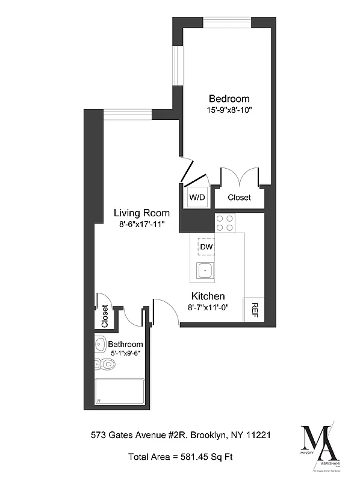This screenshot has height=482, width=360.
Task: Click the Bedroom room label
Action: coord(229,99)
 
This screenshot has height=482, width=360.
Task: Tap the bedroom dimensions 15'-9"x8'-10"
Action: coord(229,110)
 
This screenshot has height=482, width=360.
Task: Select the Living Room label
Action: coord(142,213)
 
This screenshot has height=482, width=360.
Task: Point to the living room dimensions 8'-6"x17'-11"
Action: coord(142,224)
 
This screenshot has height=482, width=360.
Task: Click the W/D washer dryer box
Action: coord(197,197)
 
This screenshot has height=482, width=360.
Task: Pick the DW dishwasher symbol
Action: coord(206,246)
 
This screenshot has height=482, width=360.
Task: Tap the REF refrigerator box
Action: coord(254,309)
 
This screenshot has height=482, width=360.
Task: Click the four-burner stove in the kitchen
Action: coord(225,223)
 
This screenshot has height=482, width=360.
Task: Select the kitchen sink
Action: coord(205,271)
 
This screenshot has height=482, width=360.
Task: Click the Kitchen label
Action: coord(208,296)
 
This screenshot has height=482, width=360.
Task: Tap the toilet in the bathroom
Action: coord(107,363)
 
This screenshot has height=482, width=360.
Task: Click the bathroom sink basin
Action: coord(101,344)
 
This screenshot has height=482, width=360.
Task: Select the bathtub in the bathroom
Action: coord(119,392)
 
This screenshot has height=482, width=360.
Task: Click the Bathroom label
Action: coord(125,345)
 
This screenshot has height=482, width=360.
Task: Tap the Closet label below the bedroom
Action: coord(239,197)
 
